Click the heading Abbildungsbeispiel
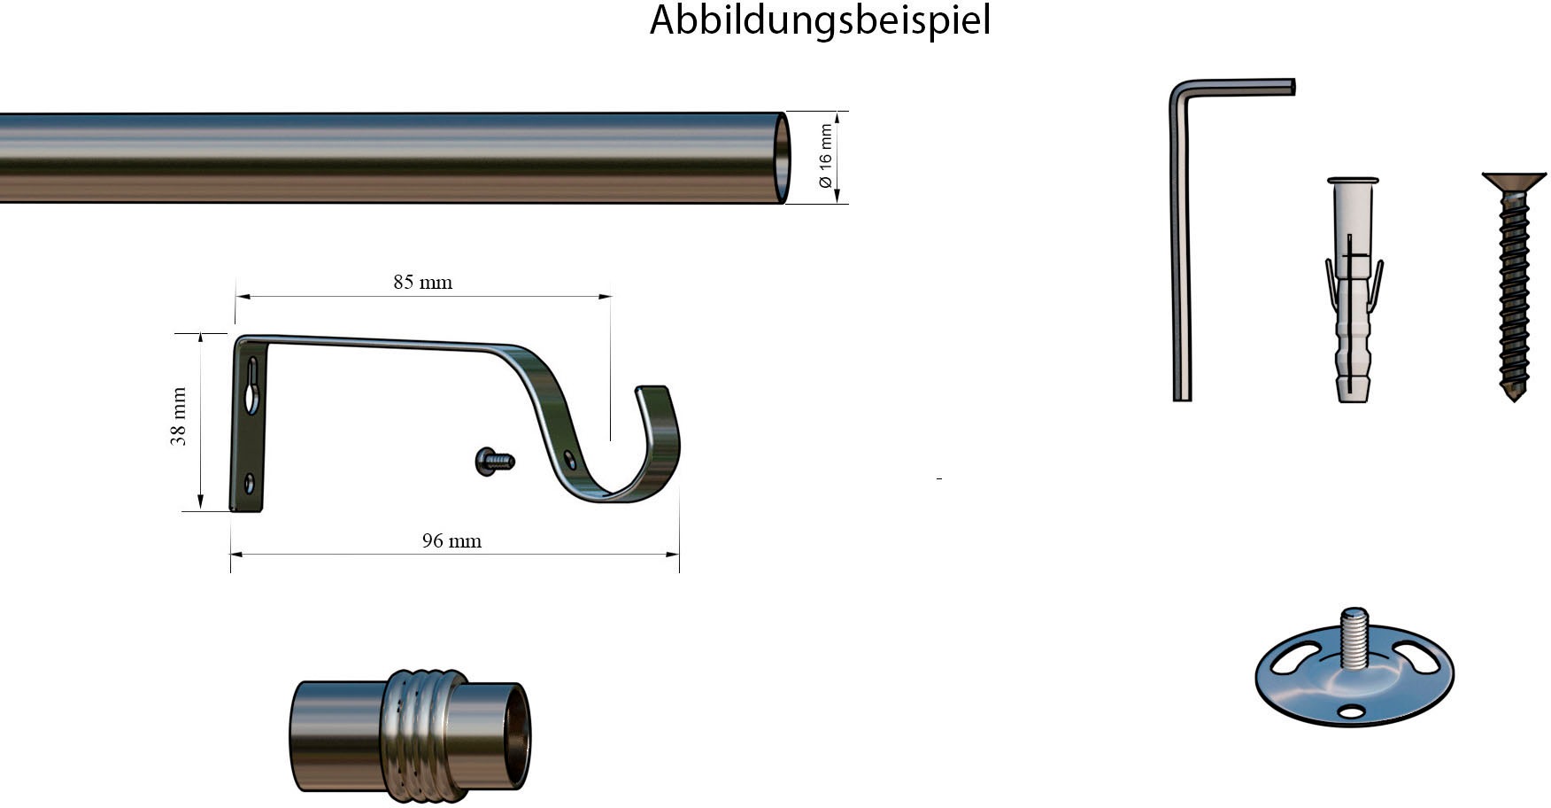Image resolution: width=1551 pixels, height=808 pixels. [820, 20]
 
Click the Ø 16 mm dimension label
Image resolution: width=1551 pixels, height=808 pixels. [825, 157]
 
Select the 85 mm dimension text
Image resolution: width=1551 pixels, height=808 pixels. [422, 283]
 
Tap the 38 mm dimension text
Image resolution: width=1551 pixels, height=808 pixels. [179, 416]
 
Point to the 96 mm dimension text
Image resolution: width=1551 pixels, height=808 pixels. [451, 541]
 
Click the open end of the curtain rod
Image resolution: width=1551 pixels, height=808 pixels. [783, 158]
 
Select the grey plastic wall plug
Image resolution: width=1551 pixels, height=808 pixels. [1352, 292]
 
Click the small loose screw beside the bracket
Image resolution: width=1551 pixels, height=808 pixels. [495, 461]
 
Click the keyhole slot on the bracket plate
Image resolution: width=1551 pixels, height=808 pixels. [253, 385]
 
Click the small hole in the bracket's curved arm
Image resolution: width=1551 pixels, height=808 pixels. [569, 459]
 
